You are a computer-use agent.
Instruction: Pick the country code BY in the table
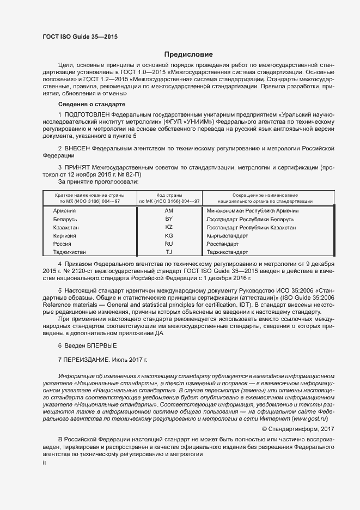pyautogui.click(x=168, y=219)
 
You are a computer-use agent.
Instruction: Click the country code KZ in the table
pyautogui.click(x=168, y=227)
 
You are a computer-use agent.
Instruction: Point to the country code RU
pyautogui.click(x=168, y=244)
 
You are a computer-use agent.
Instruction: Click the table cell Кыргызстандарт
pyautogui.click(x=227, y=236)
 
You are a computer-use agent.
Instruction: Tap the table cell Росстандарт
pyautogui.click(x=223, y=244)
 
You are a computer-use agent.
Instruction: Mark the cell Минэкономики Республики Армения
pyautogui.click(x=252, y=211)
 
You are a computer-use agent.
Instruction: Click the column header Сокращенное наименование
pyautogui.click(x=265, y=195)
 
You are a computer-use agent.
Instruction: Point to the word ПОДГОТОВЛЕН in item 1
pyautogui.click(x=87, y=115)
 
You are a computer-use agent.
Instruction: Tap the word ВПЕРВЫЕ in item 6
pyautogui.click(x=102, y=345)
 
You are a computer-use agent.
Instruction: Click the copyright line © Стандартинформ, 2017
pyautogui.click(x=297, y=429)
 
